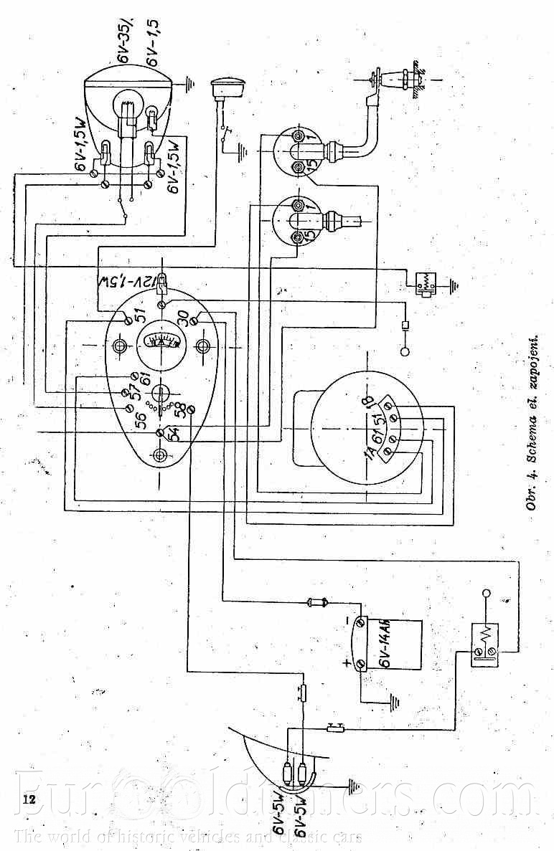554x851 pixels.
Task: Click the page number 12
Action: tap(29, 798)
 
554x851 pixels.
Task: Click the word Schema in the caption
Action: tap(532, 429)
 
